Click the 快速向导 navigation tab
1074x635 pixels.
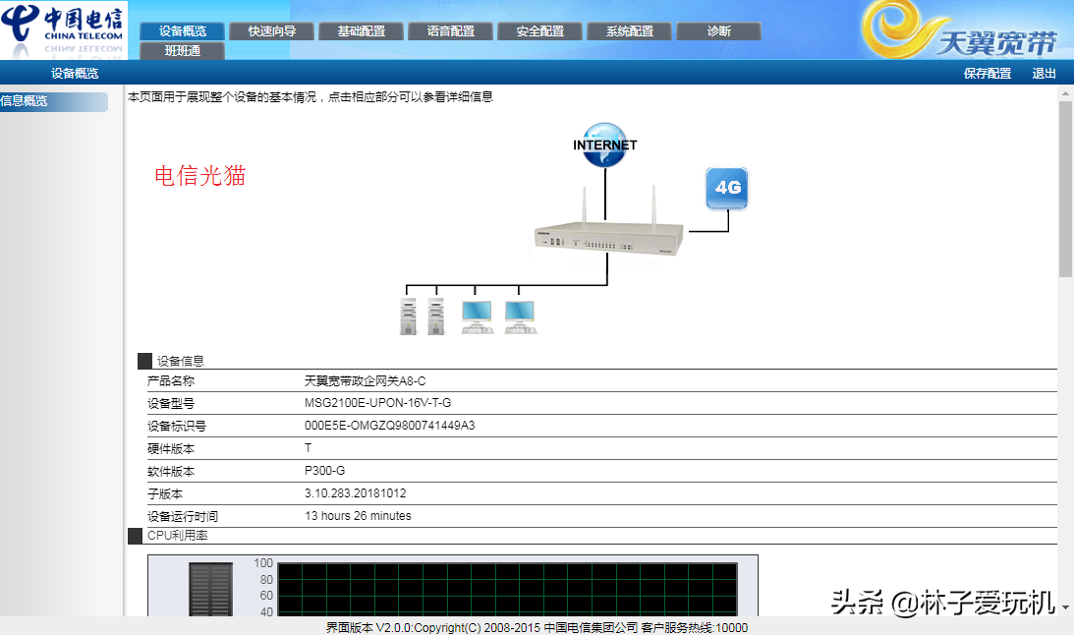pos(272,31)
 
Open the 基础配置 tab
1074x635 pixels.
pos(362,31)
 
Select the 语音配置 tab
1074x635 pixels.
pos(451,31)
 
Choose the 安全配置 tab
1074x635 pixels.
pos(540,31)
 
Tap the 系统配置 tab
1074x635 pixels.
pos(630,31)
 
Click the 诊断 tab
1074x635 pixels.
pos(719,31)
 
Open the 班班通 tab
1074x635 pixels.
pos(183,51)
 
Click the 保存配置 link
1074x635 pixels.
pos(988,74)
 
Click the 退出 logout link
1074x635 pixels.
pos(1045,74)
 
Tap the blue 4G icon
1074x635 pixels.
pos(727,188)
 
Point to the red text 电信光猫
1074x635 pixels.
pos(199,176)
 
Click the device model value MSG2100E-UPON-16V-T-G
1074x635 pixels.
pos(378,403)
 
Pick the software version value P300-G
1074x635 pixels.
pos(325,471)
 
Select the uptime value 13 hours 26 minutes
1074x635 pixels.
pos(358,516)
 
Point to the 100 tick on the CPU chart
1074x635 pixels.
pos(263,563)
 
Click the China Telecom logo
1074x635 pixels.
pos(64,29)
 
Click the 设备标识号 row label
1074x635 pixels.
pos(177,426)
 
